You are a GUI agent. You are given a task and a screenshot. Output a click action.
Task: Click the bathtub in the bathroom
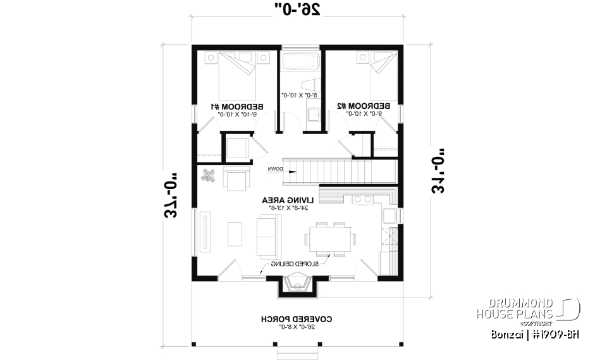(302, 63)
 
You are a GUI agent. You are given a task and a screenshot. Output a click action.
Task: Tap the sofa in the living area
(267, 234)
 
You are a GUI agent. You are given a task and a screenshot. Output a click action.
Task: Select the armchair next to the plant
(236, 180)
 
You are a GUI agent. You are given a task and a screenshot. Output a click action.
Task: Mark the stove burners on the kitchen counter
(363, 199)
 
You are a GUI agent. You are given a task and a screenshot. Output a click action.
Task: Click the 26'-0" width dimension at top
(298, 9)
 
